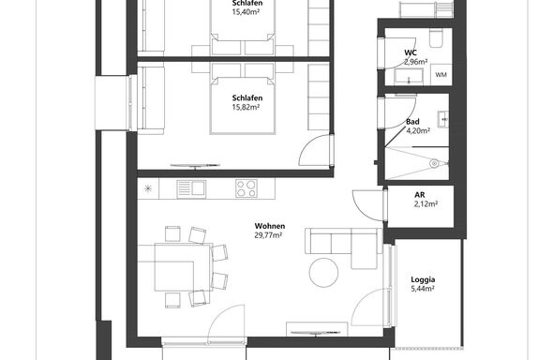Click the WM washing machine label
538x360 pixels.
pos(441,74)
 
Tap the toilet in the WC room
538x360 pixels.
pos(437,37)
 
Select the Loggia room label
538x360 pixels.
pos(423,279)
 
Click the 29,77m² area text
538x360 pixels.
pos(268,235)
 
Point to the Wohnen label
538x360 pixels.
pos(270,226)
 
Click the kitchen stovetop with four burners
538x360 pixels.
pos(247,188)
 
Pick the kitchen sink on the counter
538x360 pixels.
pos(191,189)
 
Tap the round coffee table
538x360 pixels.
pos(323,273)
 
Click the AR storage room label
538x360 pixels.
pos(420,195)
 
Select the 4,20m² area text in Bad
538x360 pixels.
pos(418,130)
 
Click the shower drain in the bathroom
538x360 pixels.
pos(434,164)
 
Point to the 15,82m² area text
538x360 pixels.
pos(246,107)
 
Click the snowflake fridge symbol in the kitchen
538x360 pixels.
pos(147,188)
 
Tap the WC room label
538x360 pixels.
pos(411,52)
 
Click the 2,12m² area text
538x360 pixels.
pos(426,204)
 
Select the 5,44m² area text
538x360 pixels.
pos(423,289)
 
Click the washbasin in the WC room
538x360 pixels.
pos(409,76)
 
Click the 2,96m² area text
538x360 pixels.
pos(416,62)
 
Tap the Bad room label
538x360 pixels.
pos(412,122)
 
